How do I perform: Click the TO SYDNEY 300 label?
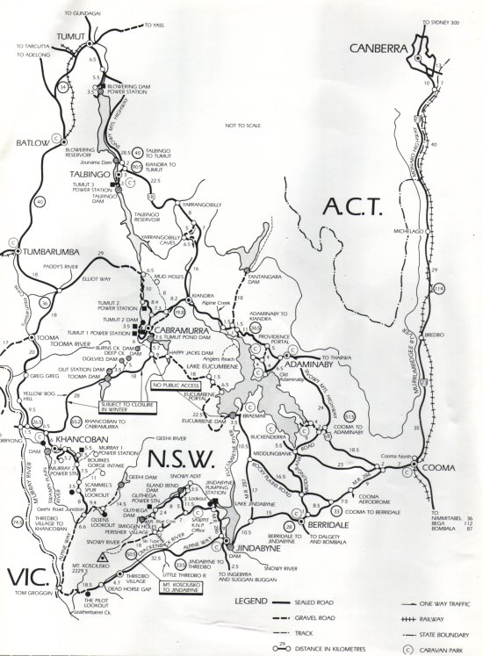(443, 22)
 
